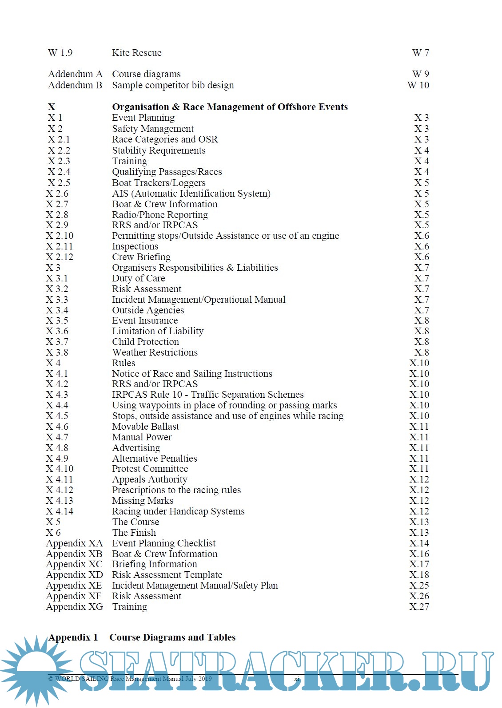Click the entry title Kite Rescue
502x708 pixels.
tap(136, 53)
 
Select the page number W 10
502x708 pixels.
tap(418, 85)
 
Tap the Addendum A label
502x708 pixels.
tap(75, 74)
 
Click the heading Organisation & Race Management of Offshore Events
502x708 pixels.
tap(230, 107)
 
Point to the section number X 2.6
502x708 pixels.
tap(57, 194)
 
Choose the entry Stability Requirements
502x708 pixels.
tap(159, 150)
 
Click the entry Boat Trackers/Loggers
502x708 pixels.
tap(159, 183)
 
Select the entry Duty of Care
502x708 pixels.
tap(138, 278)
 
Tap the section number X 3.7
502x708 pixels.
tap(57, 342)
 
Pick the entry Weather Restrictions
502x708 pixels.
tap(155, 352)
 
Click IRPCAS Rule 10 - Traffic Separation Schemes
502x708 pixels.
tap(207, 395)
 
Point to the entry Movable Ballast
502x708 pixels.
tap(145, 427)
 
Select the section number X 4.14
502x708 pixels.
tap(60, 511)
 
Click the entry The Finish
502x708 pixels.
tap(134, 533)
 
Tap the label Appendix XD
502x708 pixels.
tap(74, 575)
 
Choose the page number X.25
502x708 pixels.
tap(419, 585)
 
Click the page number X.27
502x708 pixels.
tap(419, 607)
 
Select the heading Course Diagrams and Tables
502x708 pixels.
tap(172, 637)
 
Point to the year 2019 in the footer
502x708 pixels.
tap(205, 679)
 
